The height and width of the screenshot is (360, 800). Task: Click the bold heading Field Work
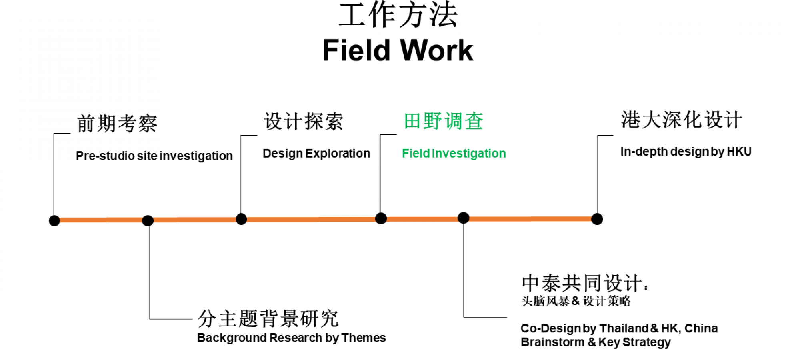[x=398, y=51]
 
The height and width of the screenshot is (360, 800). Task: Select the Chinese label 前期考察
[x=117, y=124]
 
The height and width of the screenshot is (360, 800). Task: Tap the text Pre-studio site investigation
[x=154, y=156]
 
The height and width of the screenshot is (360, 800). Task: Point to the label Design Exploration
[x=316, y=153]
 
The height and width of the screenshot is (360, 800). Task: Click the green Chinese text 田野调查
[x=443, y=121]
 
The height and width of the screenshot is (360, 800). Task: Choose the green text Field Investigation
[x=454, y=153]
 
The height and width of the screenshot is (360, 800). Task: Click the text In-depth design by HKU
[x=686, y=152]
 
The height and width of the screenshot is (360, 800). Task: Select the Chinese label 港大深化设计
[x=681, y=120]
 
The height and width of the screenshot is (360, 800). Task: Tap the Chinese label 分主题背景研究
[x=268, y=319]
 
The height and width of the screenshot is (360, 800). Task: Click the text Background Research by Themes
[x=291, y=338]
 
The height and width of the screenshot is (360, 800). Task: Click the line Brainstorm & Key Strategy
[x=595, y=342]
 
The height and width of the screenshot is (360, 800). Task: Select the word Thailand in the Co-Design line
[x=624, y=328]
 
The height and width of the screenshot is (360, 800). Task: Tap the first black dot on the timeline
[x=54, y=220]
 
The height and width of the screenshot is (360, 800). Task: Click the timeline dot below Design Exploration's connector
[x=241, y=219]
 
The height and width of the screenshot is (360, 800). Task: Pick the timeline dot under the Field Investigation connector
[x=381, y=218]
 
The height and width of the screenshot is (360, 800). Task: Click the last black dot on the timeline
[x=597, y=219]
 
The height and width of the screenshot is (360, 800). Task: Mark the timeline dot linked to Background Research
[x=148, y=220]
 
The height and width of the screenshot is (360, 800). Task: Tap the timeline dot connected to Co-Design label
[x=463, y=218]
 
